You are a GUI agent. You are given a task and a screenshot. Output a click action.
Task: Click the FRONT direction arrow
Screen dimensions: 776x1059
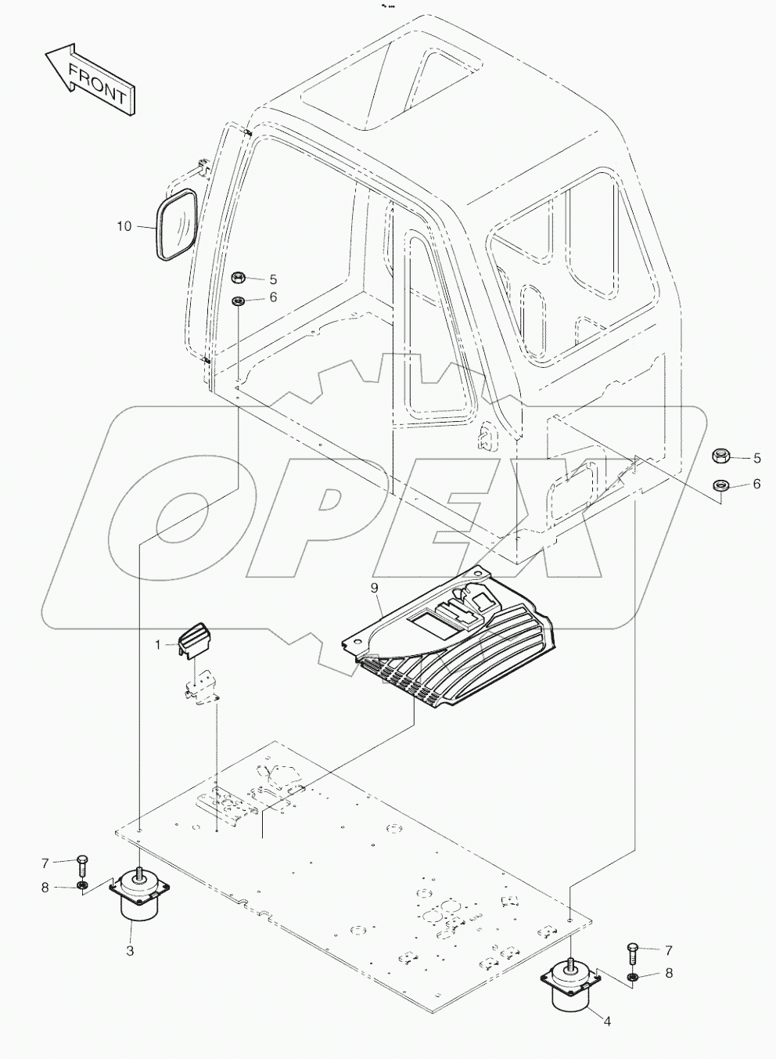pos(90,81)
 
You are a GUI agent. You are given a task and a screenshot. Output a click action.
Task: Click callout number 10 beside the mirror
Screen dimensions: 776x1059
pos(124,226)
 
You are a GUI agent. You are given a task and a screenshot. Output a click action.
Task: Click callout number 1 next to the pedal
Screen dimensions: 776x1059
pos(157,645)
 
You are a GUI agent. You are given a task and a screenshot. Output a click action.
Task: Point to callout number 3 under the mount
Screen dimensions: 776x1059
pos(130,951)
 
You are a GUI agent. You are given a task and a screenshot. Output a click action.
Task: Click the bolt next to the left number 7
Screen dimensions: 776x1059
pos(84,866)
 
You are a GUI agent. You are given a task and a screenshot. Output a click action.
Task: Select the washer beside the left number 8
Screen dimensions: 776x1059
pos(82,887)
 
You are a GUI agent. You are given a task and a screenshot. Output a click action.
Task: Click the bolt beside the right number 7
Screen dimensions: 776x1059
pos(633,953)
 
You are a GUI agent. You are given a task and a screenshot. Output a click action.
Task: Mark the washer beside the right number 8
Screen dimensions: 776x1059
pos(633,976)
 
